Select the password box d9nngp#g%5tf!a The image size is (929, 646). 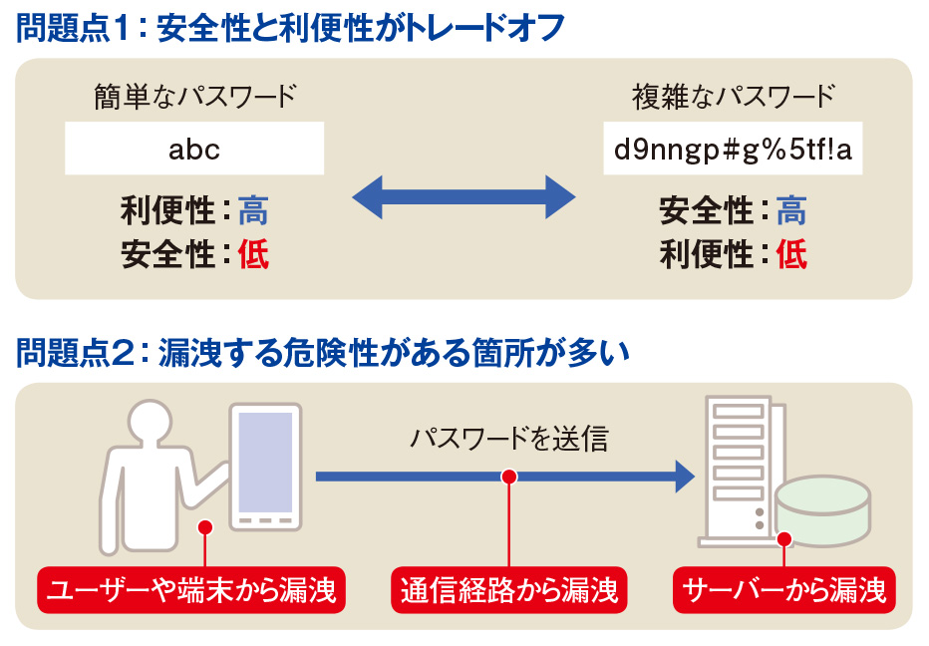coord(733,150)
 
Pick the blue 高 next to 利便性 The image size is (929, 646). coord(253,211)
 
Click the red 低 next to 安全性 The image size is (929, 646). coord(253,255)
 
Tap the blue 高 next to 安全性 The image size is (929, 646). coord(791,211)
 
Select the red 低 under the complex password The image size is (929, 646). coord(791,255)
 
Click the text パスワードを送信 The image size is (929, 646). coord(508,439)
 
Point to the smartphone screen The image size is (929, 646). coord(264,463)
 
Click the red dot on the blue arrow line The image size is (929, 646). coord(509,477)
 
